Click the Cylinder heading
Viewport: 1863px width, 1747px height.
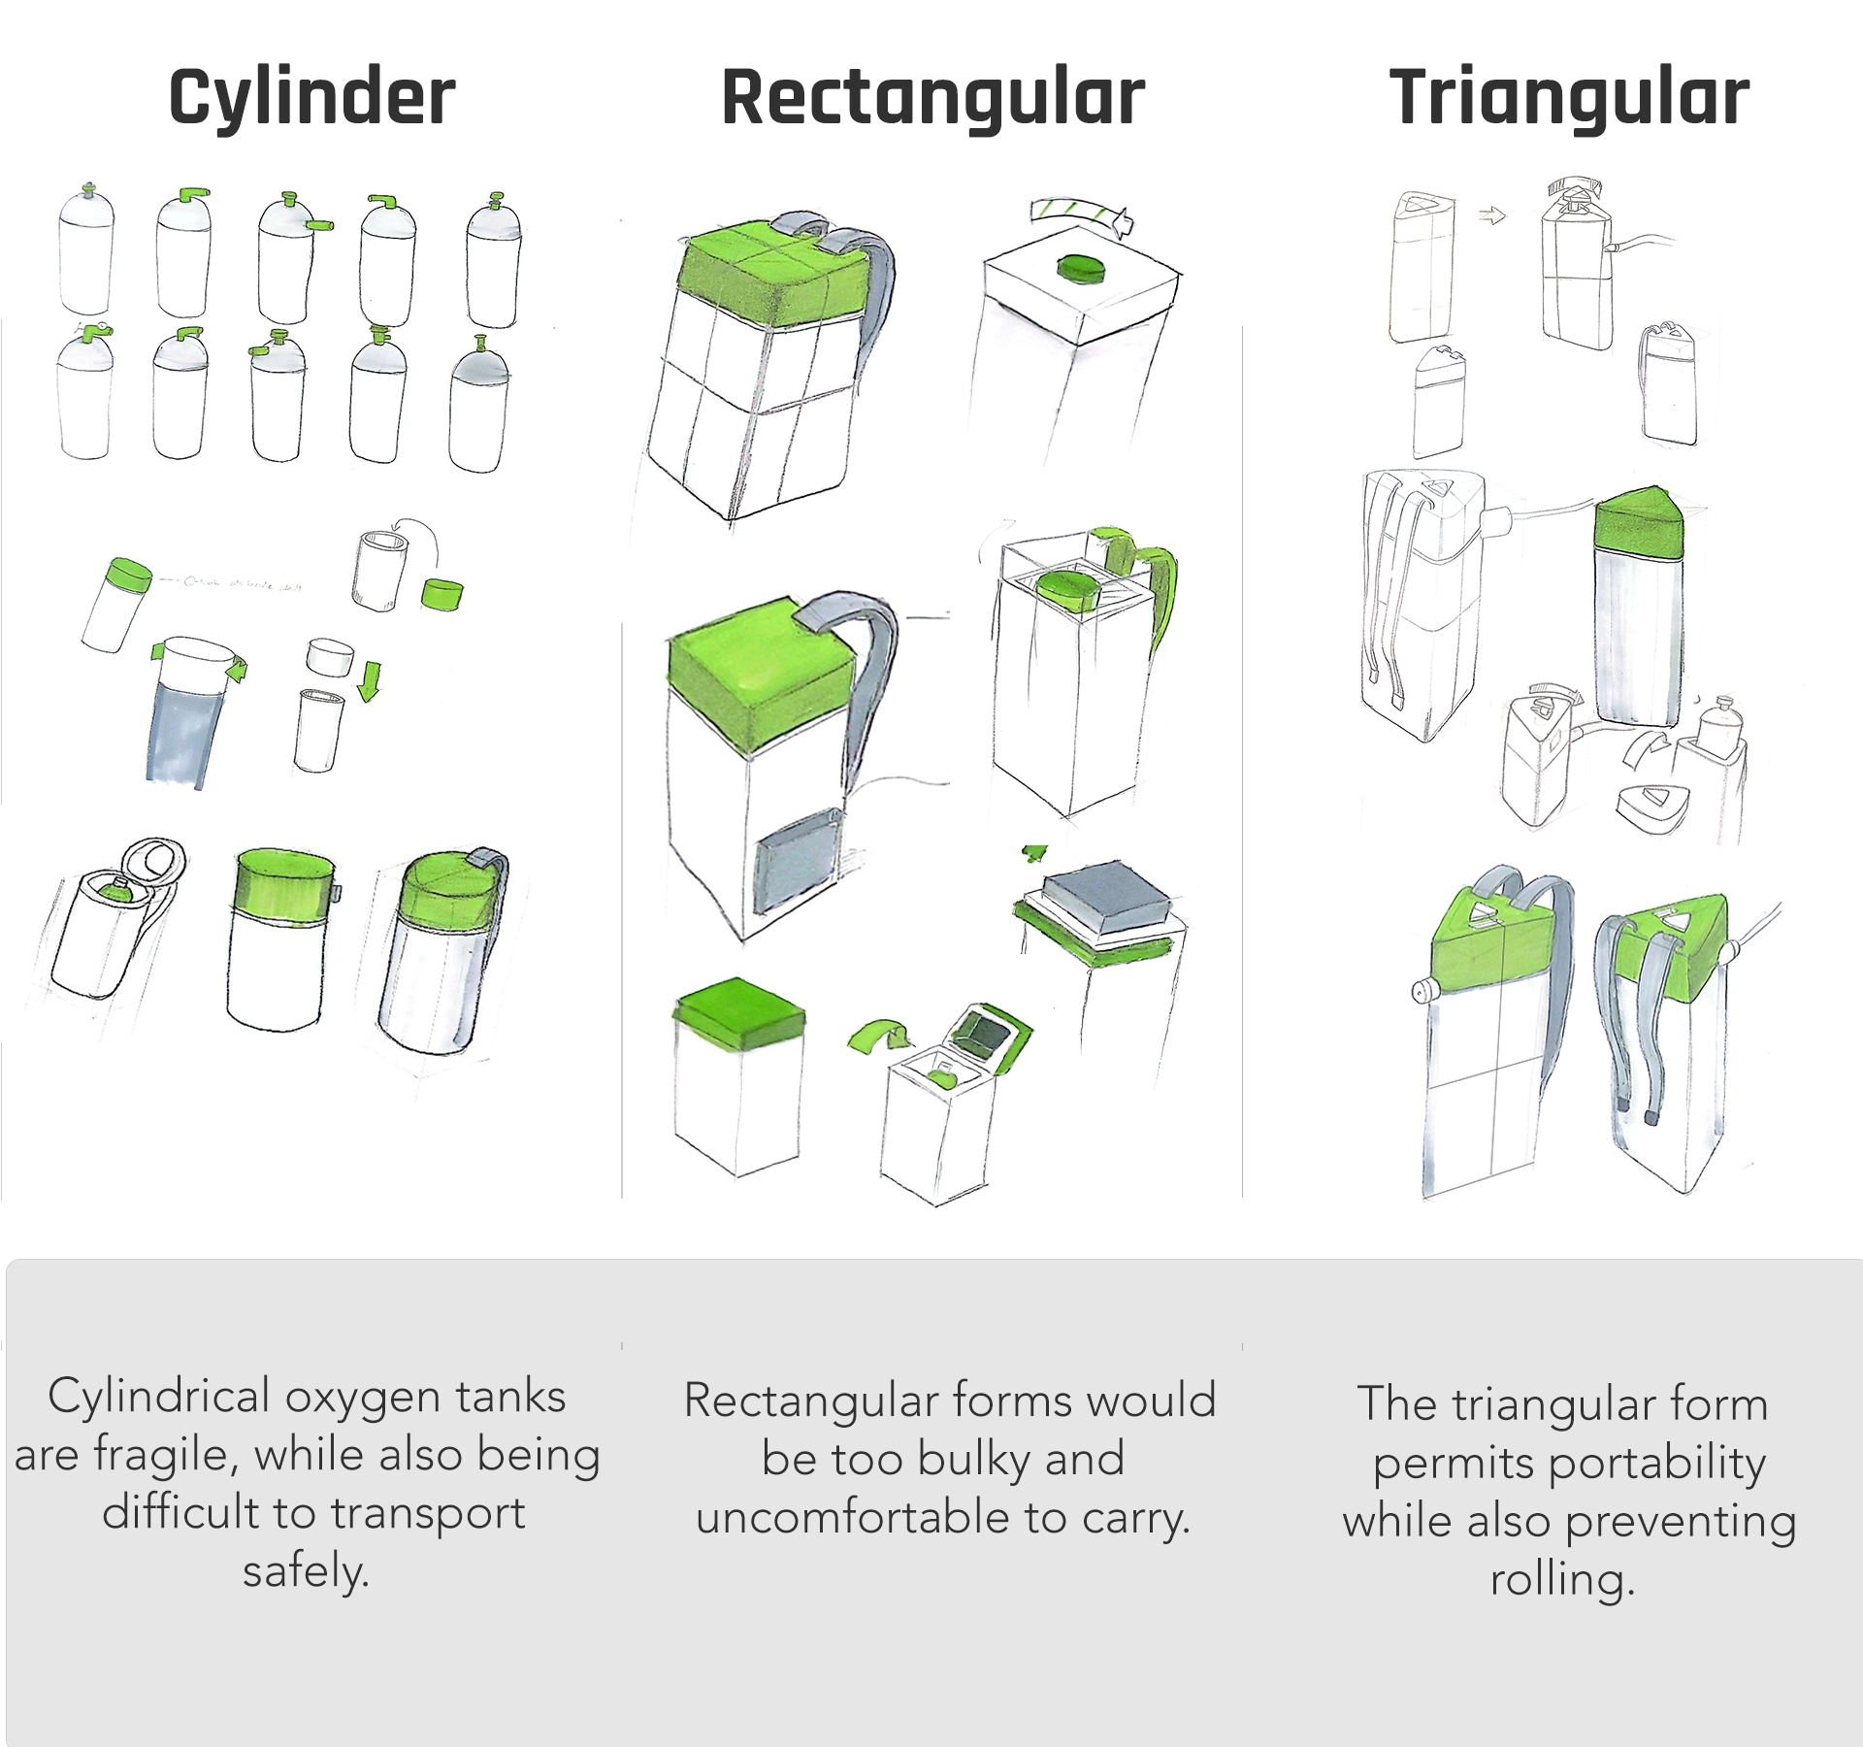point(311,98)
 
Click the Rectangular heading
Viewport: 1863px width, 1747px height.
point(932,98)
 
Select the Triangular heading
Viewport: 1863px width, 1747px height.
point(1569,98)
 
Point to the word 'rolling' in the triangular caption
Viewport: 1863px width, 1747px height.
point(1561,1579)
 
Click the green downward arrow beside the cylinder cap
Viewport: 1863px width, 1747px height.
point(370,680)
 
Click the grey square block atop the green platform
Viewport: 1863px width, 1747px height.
point(1107,894)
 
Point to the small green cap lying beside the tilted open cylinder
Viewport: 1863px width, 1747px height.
point(442,594)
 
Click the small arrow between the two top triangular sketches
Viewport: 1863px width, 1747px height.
point(1492,215)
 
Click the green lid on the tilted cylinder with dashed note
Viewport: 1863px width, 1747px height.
point(129,574)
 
